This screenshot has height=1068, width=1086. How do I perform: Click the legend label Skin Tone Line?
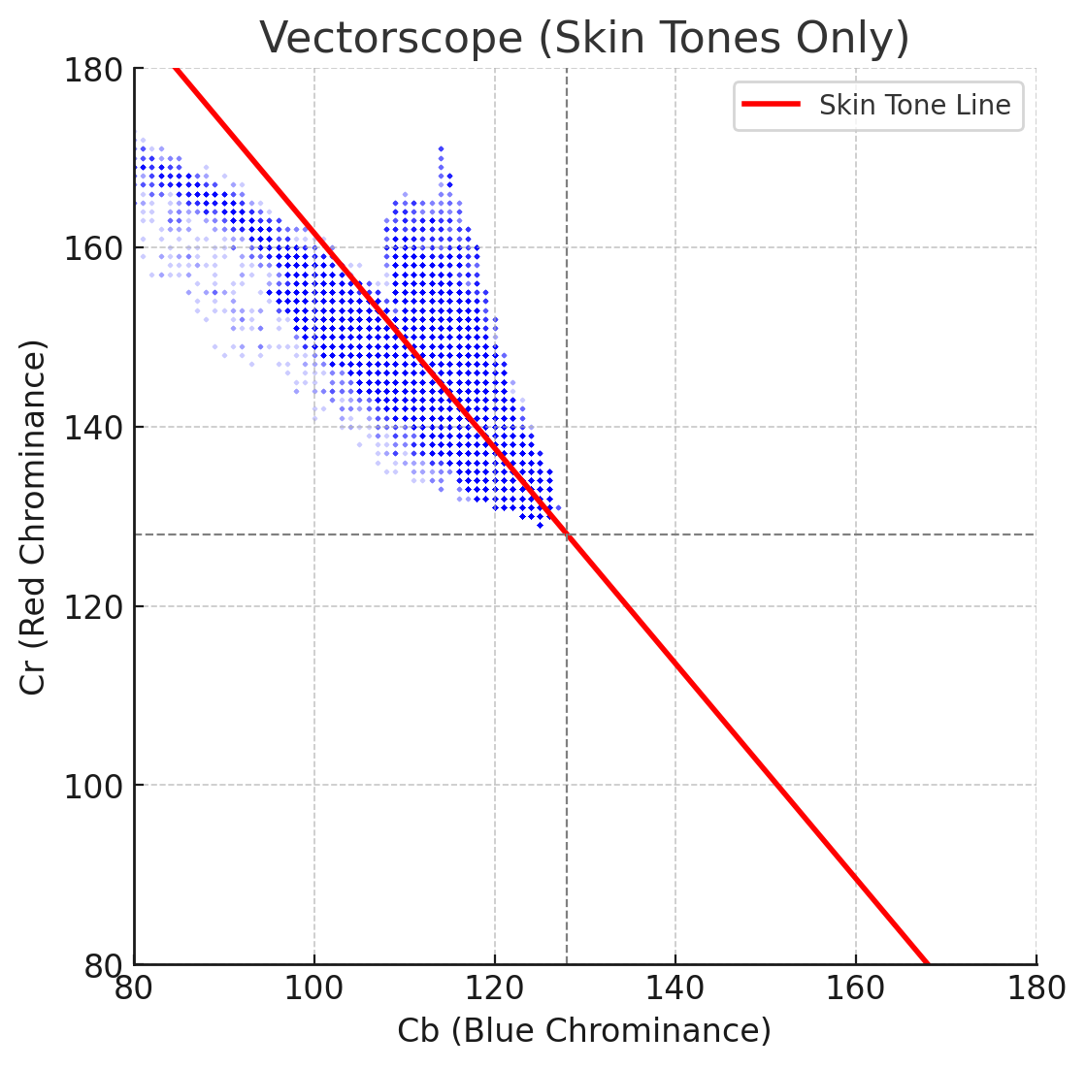[914, 105]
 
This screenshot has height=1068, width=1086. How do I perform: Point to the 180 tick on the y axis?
[92, 70]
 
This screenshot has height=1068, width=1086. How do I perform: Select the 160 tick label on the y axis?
[92, 248]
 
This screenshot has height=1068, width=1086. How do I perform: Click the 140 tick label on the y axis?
[92, 428]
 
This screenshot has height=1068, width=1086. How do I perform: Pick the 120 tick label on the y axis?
[92, 607]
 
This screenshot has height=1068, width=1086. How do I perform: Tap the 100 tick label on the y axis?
[92, 786]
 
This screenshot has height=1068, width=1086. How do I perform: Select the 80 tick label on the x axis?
[135, 989]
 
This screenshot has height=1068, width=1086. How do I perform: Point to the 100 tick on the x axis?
[314, 989]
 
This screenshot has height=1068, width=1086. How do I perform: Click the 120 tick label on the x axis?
[495, 989]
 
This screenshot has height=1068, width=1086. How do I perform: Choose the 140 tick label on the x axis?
[675, 989]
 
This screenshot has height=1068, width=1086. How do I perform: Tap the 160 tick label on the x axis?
[855, 989]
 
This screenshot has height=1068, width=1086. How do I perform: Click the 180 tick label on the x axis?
[1036, 989]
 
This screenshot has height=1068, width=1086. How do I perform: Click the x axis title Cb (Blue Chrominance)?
[584, 1031]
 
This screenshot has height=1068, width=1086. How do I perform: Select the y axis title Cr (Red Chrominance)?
[34, 517]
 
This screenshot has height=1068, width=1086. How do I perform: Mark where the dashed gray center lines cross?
[567, 534]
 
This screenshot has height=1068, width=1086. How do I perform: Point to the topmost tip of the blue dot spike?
[441, 148]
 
